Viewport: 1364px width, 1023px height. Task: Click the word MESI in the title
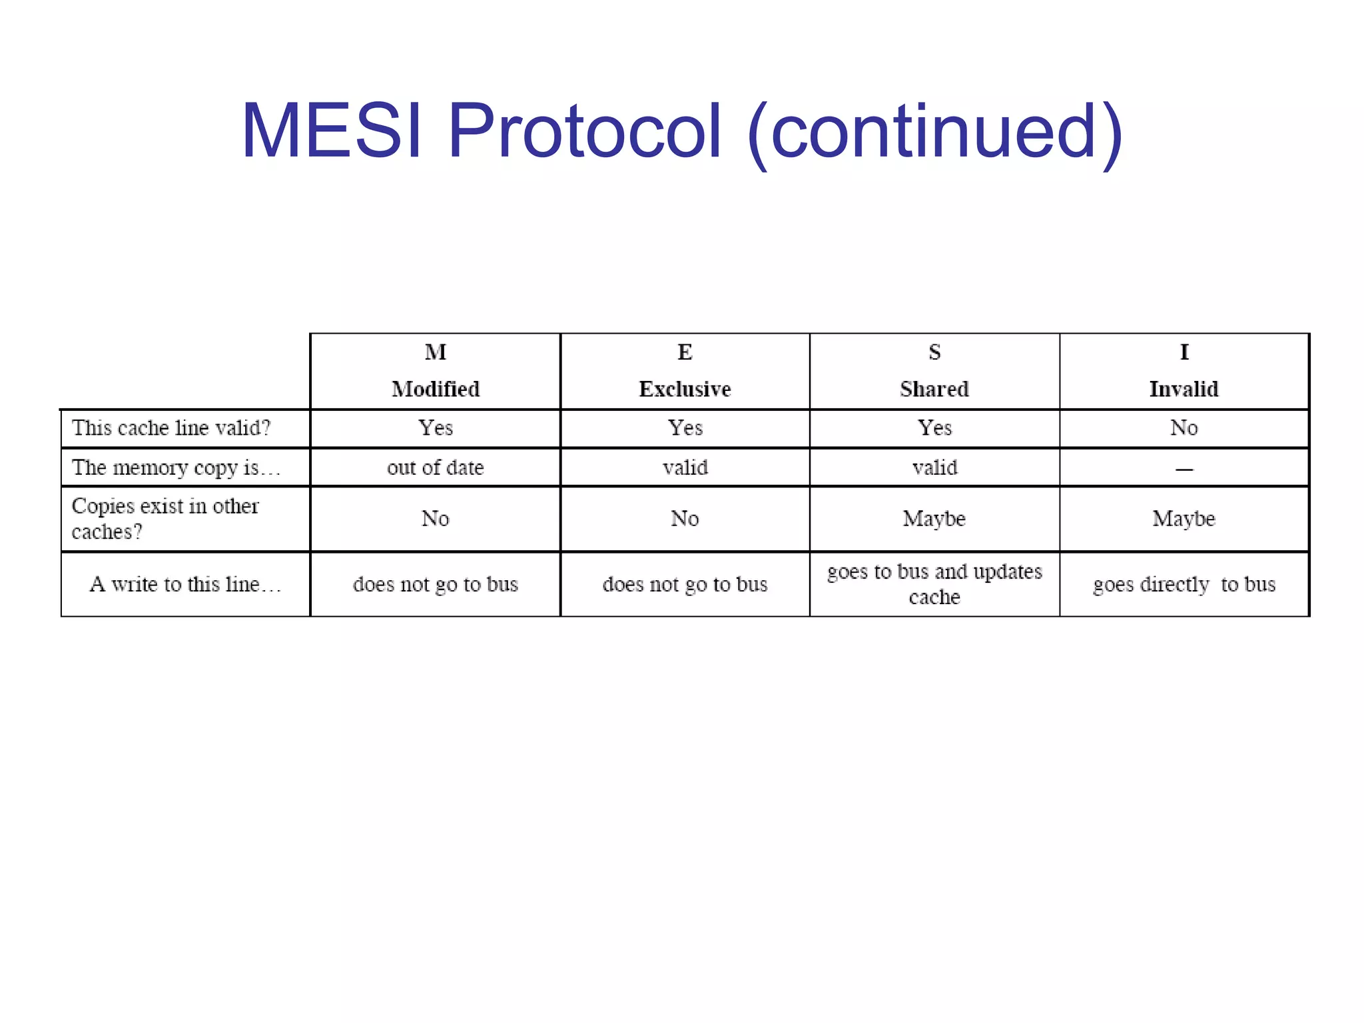pyautogui.click(x=331, y=131)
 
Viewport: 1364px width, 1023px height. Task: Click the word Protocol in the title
pyautogui.click(x=584, y=131)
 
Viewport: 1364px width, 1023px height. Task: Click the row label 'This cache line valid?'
pyautogui.click(x=171, y=428)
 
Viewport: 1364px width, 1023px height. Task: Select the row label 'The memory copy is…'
pyautogui.click(x=176, y=468)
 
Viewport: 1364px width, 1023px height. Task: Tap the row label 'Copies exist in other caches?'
pyautogui.click(x=165, y=519)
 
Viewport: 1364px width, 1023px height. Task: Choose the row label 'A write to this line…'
pyautogui.click(x=185, y=584)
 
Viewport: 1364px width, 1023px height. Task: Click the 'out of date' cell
pyautogui.click(x=436, y=468)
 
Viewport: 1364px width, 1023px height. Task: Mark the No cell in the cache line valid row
pyautogui.click(x=1184, y=428)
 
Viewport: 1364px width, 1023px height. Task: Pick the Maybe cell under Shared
pyautogui.click(x=934, y=519)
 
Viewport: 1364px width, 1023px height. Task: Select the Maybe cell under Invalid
pyautogui.click(x=1184, y=519)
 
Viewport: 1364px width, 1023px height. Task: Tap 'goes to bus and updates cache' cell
pyautogui.click(x=934, y=584)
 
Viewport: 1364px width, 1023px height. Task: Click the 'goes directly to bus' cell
pyautogui.click(x=1184, y=584)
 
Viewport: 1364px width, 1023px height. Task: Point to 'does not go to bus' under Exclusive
pyautogui.click(x=685, y=584)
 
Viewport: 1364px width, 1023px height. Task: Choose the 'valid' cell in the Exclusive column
pyautogui.click(x=685, y=468)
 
